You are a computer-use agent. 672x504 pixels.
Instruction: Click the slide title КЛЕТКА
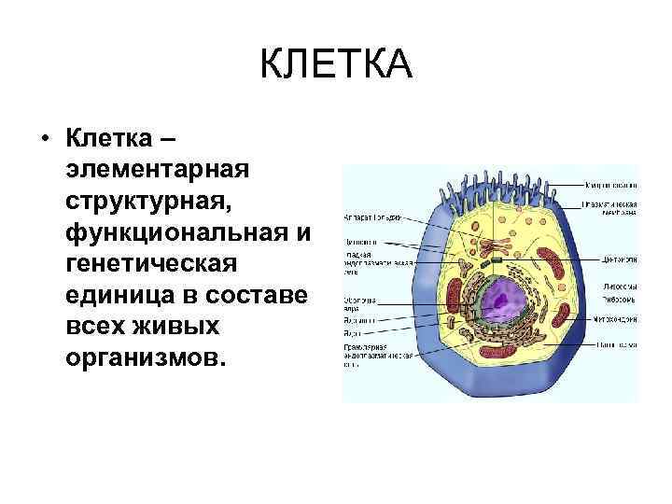point(335,65)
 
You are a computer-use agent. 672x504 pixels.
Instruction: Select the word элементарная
point(156,172)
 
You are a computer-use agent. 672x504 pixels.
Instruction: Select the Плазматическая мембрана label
point(611,207)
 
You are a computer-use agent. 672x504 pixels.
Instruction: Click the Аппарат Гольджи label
point(372,217)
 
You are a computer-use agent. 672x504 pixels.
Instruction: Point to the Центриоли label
point(616,259)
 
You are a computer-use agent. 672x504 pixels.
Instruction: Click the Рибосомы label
point(616,301)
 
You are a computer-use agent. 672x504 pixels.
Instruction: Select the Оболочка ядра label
point(360,303)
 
